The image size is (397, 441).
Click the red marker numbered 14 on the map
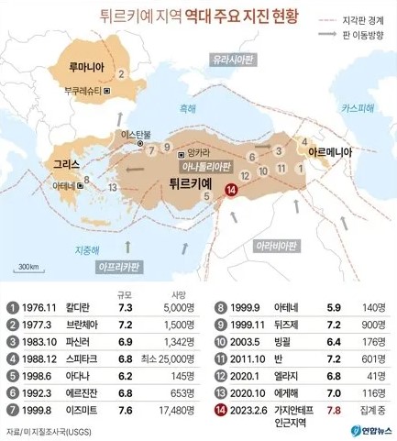pos(231,190)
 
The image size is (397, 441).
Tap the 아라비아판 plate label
pos(278,247)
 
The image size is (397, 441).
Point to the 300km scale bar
pos(28,270)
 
